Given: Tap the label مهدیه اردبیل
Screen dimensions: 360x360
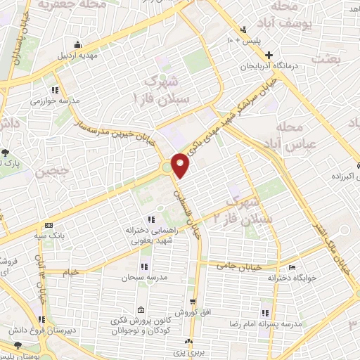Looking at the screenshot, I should click(77, 54).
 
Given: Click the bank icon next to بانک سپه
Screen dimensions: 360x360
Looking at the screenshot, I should click(48, 226).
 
